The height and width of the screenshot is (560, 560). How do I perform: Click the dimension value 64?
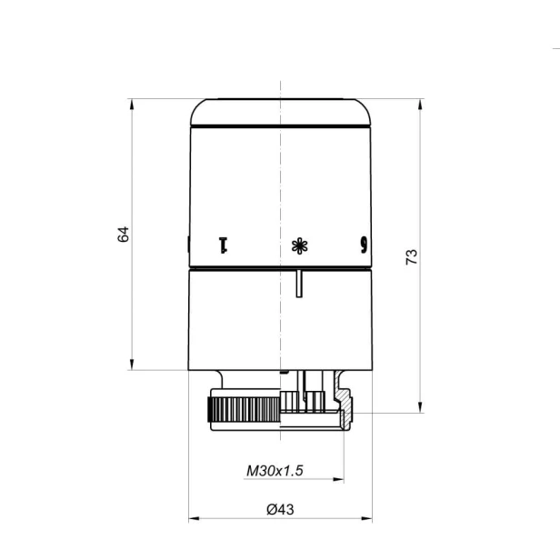(x=124, y=234)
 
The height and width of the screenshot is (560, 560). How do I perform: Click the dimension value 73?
(x=412, y=256)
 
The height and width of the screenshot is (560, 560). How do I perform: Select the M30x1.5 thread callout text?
(x=275, y=470)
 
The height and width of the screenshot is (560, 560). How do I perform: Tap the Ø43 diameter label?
(x=280, y=509)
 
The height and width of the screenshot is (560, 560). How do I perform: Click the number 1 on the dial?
(x=223, y=245)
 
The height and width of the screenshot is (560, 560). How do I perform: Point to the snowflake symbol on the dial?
(x=300, y=245)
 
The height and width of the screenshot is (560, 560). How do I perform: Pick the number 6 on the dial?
(x=364, y=245)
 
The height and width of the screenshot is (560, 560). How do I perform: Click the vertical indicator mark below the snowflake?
(x=299, y=284)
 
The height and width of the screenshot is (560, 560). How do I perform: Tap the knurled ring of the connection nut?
(x=245, y=409)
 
